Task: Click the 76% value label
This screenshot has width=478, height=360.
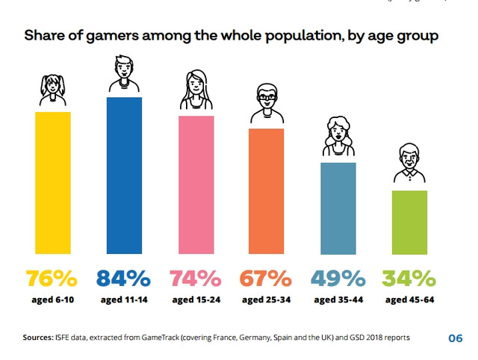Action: click(x=52, y=279)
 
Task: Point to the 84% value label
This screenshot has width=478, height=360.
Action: click(x=123, y=279)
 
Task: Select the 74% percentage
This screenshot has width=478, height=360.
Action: click(x=195, y=279)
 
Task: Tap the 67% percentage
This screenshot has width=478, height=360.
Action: click(x=265, y=279)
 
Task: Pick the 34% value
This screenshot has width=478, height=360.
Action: click(x=409, y=279)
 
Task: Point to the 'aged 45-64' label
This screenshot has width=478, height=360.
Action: click(x=409, y=300)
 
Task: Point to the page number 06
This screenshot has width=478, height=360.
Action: click(x=455, y=338)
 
